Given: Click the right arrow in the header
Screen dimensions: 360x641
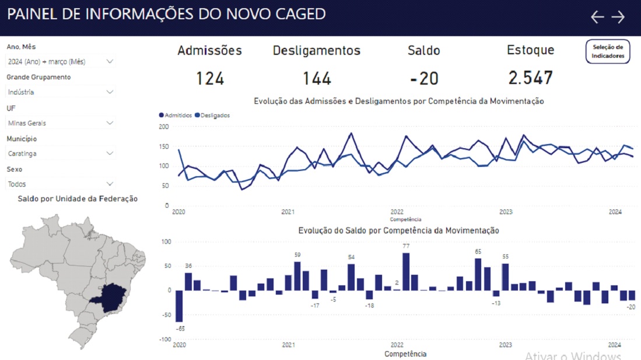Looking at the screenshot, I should pyautogui.click(x=618, y=17).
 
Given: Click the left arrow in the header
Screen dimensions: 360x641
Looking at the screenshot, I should pyautogui.click(x=597, y=17).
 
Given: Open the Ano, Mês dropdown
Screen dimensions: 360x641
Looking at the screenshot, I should pyautogui.click(x=61, y=61).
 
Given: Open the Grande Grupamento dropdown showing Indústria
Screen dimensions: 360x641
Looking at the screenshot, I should pyautogui.click(x=61, y=92).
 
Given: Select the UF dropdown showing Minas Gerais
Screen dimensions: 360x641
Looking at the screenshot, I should pyautogui.click(x=61, y=123).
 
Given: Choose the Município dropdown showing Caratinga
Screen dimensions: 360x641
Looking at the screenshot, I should pyautogui.click(x=61, y=153).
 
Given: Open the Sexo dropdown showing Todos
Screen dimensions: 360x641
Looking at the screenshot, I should pyautogui.click(x=61, y=184).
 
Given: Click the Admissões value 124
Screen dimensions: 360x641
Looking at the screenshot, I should pyautogui.click(x=210, y=78).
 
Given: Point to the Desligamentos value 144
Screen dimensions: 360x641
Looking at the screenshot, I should pyautogui.click(x=317, y=78).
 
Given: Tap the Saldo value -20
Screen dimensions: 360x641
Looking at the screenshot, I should pyautogui.click(x=424, y=78).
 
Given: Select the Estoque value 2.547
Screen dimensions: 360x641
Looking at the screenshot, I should pyautogui.click(x=530, y=78).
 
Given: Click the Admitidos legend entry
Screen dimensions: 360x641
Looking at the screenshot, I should pyautogui.click(x=176, y=116).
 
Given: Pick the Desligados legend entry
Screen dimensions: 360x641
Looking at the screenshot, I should pyautogui.click(x=213, y=116).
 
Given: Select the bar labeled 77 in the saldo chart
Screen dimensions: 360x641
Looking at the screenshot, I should pyautogui.click(x=406, y=271).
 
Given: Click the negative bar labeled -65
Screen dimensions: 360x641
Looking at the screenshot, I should pyautogui.click(x=179, y=306).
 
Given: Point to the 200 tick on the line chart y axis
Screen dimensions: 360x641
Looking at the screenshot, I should pyautogui.click(x=164, y=127).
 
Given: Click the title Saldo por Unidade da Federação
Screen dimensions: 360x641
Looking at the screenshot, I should pyautogui.click(x=78, y=199).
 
